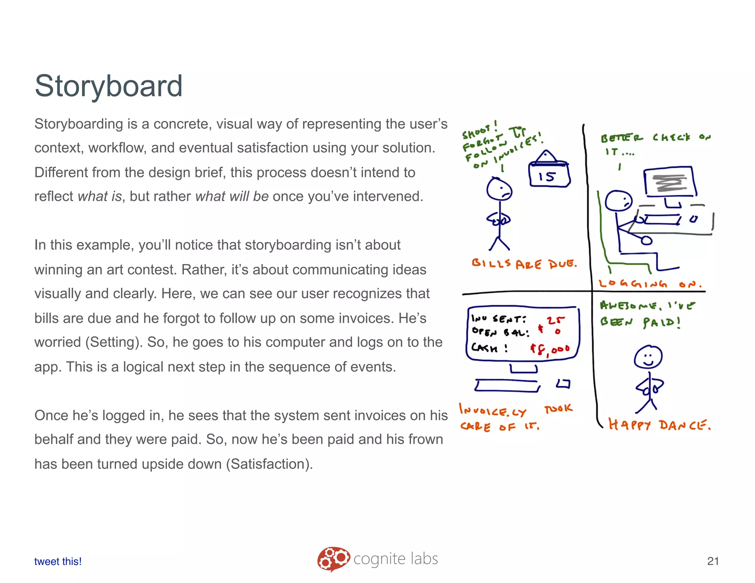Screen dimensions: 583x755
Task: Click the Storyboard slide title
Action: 108,86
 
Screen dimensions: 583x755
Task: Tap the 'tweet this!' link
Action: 58,561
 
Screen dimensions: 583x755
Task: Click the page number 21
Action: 713,561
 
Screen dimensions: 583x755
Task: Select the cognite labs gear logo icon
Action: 333,559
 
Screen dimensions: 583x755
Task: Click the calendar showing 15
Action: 549,173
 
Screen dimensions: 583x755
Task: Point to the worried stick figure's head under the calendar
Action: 499,189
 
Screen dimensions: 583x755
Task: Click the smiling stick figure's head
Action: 648,357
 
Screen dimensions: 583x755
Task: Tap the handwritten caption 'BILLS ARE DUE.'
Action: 524,263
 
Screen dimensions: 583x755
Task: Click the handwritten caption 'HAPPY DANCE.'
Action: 659,425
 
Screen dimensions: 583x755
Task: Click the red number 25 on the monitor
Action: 555,320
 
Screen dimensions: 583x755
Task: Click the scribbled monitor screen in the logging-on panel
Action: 669,182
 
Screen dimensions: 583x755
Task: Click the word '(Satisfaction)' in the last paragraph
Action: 269,464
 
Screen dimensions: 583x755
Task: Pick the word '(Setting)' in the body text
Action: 114,342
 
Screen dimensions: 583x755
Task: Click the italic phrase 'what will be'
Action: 232,196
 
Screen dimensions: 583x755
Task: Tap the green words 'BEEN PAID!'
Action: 640,322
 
